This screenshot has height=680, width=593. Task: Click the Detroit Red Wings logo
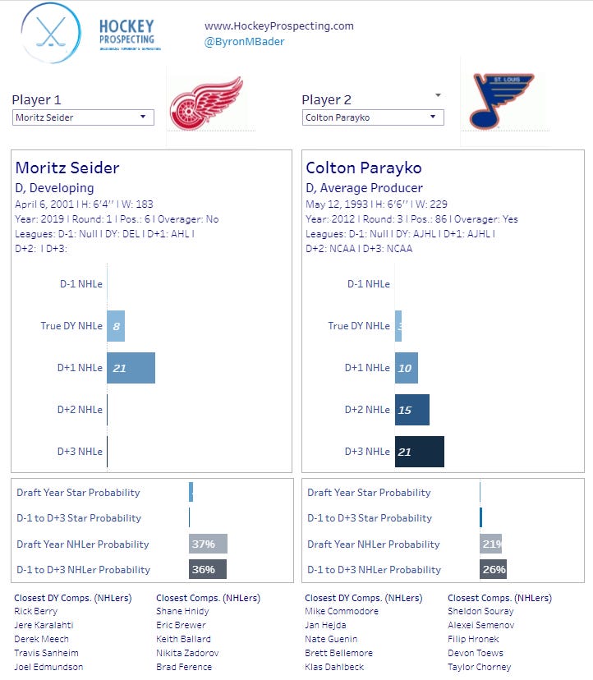[206, 103]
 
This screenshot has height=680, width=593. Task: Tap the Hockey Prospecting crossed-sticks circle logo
[51, 34]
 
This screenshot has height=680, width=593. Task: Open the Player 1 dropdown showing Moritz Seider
[84, 117]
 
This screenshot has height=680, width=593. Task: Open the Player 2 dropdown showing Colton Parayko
[373, 117]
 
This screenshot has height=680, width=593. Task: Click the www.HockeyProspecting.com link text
[279, 25]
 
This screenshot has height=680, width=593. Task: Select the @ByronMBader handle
[245, 41]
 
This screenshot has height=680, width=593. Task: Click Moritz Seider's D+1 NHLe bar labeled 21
[131, 368]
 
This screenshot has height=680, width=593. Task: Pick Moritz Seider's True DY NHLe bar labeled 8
[116, 326]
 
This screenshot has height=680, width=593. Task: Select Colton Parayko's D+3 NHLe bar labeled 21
[419, 452]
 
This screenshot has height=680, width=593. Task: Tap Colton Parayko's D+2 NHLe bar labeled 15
[411, 410]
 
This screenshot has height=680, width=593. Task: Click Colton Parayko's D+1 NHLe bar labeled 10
[407, 368]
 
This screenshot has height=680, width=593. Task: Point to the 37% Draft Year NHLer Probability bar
[208, 544]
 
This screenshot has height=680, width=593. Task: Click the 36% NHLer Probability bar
[207, 569]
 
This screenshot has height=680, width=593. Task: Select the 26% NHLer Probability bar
[493, 569]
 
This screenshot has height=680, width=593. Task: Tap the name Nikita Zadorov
[187, 653]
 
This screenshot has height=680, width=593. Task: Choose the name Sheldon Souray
[480, 611]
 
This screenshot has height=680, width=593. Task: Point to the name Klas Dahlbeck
[335, 667]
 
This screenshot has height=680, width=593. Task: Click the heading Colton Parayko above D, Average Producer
[364, 168]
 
